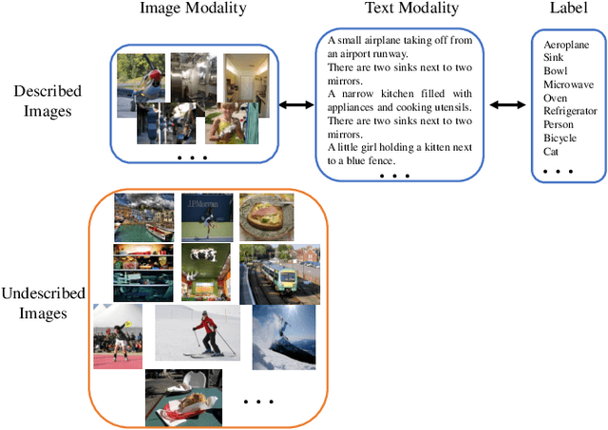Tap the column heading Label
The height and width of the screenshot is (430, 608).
click(x=566, y=9)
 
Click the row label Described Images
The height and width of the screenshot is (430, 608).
click(x=47, y=103)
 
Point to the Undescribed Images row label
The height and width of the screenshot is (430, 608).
click(x=44, y=304)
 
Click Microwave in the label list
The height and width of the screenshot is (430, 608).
click(x=569, y=84)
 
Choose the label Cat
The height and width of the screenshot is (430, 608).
click(x=552, y=150)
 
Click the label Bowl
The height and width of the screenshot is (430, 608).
click(x=556, y=70)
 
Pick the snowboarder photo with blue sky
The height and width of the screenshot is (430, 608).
click(x=284, y=336)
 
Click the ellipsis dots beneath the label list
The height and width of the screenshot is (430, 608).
click(x=557, y=172)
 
